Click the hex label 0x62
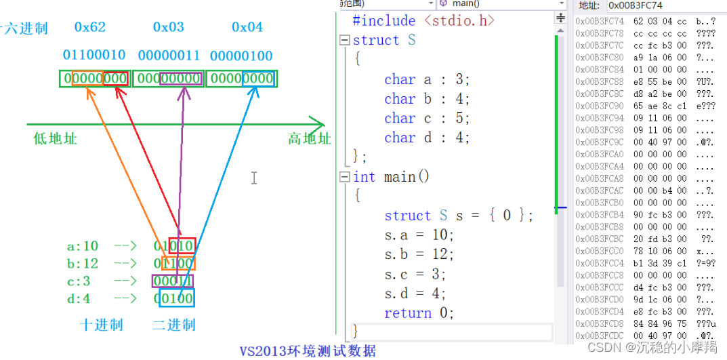pos(90,28)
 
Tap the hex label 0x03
pos(169,28)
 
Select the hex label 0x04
pos(247,28)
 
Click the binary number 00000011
pos(170,55)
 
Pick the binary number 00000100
pos(242,55)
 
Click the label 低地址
pos(55,139)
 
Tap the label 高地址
pos(309,139)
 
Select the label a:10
pos(82,246)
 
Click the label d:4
pos(79,298)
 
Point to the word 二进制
pos(173,325)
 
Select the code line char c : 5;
pos(427,119)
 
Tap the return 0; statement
pos(419,313)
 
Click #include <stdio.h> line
pos(423,21)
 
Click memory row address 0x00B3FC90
pos(599,106)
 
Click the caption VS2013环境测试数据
pos(308,351)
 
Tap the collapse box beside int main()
pos(344,177)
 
